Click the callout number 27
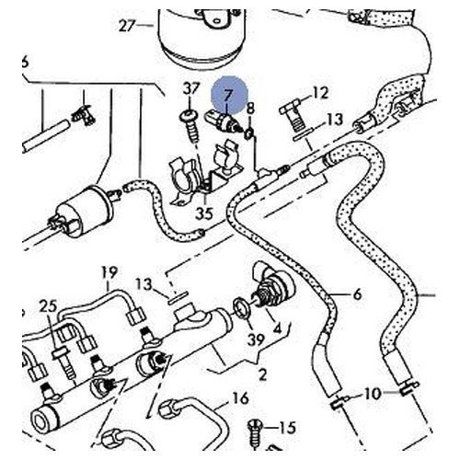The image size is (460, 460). (127, 25)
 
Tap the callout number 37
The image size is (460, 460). (191, 89)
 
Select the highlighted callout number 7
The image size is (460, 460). (227, 96)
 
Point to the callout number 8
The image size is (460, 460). (250, 108)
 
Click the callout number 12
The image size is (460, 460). (320, 93)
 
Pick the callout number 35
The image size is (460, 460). (204, 213)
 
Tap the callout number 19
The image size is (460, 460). (109, 272)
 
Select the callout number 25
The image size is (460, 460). (49, 306)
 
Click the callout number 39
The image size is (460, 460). (256, 339)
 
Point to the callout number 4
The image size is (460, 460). (277, 328)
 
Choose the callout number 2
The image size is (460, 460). (263, 374)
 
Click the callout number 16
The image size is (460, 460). (240, 398)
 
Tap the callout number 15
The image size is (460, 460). (287, 427)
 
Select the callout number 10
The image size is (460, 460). (373, 394)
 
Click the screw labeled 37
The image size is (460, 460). (190, 126)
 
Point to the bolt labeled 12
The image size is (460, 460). (292, 118)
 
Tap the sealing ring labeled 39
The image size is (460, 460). (242, 307)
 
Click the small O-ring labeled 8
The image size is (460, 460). (248, 133)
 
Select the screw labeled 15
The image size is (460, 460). (255, 434)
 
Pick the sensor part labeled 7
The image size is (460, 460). (224, 121)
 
